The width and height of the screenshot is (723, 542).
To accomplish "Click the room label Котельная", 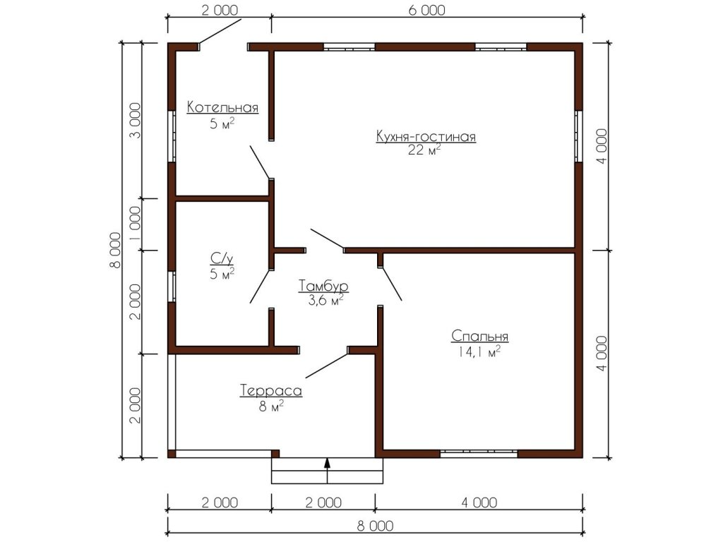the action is [x=222, y=107].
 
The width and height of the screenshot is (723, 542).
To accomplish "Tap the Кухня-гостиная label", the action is [x=426, y=136].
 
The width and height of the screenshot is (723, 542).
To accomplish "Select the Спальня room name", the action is [x=479, y=336].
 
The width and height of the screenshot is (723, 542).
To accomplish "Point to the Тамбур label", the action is [x=323, y=286].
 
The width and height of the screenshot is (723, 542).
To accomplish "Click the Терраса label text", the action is [x=271, y=391].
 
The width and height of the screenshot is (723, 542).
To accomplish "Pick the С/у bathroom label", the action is [x=222, y=259].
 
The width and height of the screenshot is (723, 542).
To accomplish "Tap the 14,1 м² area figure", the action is [x=479, y=352].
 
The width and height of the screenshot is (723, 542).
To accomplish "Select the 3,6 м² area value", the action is [x=325, y=301].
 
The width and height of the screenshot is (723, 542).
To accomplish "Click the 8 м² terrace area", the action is [x=271, y=406].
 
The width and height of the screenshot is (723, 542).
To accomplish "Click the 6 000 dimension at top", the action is [x=427, y=10].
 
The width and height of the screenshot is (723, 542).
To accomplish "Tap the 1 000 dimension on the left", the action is [x=135, y=224].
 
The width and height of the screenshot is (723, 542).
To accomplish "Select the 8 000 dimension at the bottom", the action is [x=375, y=526].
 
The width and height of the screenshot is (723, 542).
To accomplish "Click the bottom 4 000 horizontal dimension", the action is [x=479, y=502].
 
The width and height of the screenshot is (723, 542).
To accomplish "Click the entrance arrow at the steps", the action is [x=328, y=471].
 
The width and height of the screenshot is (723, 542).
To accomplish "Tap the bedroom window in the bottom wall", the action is [x=479, y=454].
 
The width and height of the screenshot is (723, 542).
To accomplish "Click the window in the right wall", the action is [x=579, y=136].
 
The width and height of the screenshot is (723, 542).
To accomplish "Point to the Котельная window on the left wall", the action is [x=172, y=135].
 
